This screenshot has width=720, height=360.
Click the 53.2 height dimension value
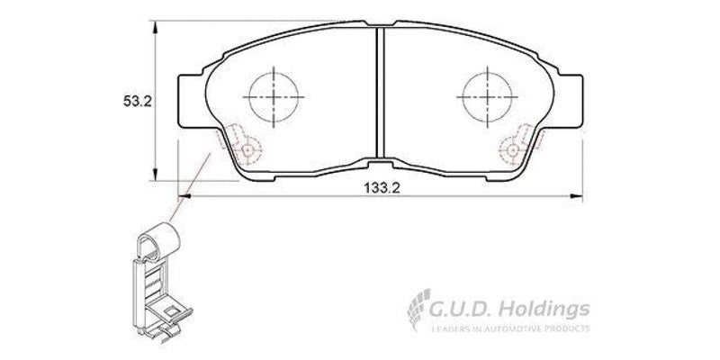136,101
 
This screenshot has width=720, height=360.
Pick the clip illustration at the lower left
157,279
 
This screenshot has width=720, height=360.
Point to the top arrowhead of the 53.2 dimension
158,25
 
